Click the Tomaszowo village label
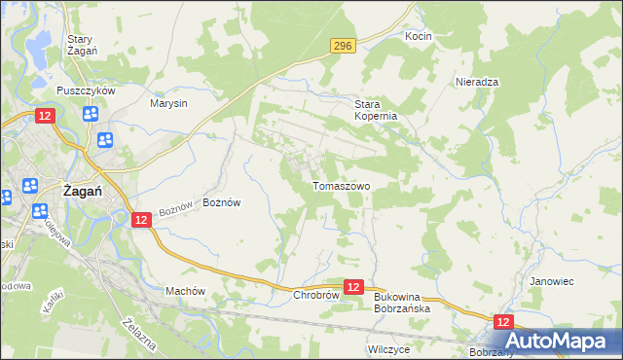tap(340, 185)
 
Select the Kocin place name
tap(418, 36)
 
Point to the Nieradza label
tap(477, 83)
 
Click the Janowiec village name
tap(551, 281)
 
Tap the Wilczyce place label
tap(386, 347)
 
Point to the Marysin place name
tap(168, 102)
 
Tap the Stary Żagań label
tap(80, 45)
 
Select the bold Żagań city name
tap(83, 192)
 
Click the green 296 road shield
tap(341, 46)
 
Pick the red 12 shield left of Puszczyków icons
tap(45, 116)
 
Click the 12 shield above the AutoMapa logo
tap(502, 322)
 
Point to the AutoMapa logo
tap(558, 341)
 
